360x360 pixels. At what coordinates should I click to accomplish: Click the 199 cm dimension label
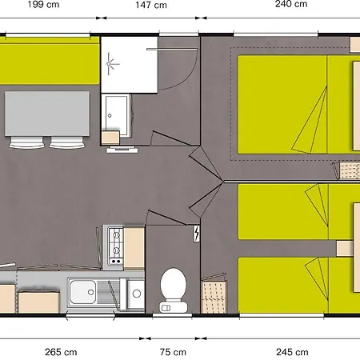pyautogui.click(x=43, y=5)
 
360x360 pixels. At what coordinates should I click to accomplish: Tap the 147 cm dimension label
pyautogui.click(x=151, y=5)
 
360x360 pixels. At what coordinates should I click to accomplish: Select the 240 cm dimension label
pyautogui.click(x=291, y=4)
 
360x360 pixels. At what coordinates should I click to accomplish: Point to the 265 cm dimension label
pyautogui.click(x=61, y=352)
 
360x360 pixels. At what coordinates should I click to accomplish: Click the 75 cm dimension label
pyautogui.click(x=173, y=352)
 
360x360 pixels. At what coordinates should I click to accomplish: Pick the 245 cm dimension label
pyautogui.click(x=292, y=352)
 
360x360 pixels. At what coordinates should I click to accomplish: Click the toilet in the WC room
pyautogui.click(x=174, y=290)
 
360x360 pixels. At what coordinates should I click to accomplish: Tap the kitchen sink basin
pyautogui.click(x=82, y=292)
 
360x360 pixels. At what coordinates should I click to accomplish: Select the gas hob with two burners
pyautogui.click(x=116, y=247)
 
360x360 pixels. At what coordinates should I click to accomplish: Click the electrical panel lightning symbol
pyautogui.click(x=197, y=234)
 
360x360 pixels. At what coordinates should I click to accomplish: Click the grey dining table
pyautogui.click(x=47, y=114)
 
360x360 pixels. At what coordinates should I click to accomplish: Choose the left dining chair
pyautogui.click(x=26, y=142)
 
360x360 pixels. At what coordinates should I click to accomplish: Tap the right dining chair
pyautogui.click(x=67, y=142)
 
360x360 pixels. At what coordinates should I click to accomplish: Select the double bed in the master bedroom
pyautogui.click(x=298, y=105)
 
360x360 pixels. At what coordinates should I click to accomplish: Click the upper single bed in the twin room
pyautogui.click(x=298, y=211)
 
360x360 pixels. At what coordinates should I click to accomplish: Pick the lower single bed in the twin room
pyautogui.click(x=298, y=285)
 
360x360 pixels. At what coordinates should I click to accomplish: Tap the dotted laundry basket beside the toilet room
pyautogui.click(x=214, y=295)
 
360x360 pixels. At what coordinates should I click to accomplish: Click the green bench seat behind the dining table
pyautogui.click(x=50, y=61)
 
